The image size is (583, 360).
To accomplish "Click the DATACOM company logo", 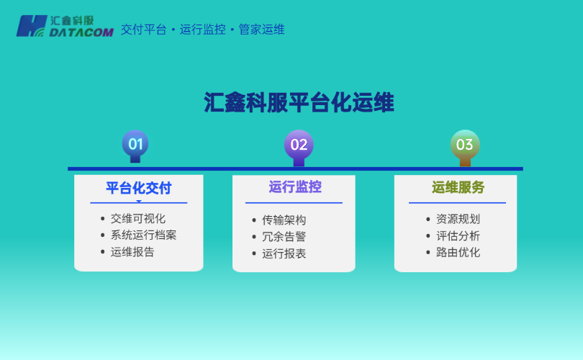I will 65,26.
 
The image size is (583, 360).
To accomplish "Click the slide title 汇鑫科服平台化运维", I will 299,102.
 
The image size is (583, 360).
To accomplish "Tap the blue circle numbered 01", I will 135,144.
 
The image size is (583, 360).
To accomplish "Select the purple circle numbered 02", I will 299,145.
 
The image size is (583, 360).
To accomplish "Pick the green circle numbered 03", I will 464,145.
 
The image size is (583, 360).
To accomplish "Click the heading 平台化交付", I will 138,188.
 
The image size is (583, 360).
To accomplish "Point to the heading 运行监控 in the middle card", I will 295,187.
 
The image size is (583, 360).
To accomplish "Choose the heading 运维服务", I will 458,187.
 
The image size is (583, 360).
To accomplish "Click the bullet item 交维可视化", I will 137,218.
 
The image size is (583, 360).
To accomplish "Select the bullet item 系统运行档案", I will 143,235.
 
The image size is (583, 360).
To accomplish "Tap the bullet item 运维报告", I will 132,252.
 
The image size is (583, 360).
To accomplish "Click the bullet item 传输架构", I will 284,220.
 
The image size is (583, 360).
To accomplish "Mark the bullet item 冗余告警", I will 284,236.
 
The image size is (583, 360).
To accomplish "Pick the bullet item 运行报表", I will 284,253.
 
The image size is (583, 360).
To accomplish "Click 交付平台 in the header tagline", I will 144,30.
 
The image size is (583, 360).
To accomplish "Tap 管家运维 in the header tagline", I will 262,30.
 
